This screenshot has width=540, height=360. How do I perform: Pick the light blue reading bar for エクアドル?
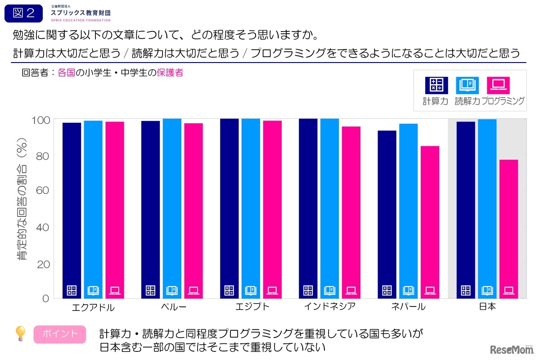[93, 209]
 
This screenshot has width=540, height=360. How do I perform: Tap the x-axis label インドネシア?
[329, 307]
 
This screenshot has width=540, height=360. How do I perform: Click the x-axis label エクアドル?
[93, 308]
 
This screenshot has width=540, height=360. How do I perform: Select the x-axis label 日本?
[487, 307]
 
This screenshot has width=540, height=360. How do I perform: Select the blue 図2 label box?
[24, 13]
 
